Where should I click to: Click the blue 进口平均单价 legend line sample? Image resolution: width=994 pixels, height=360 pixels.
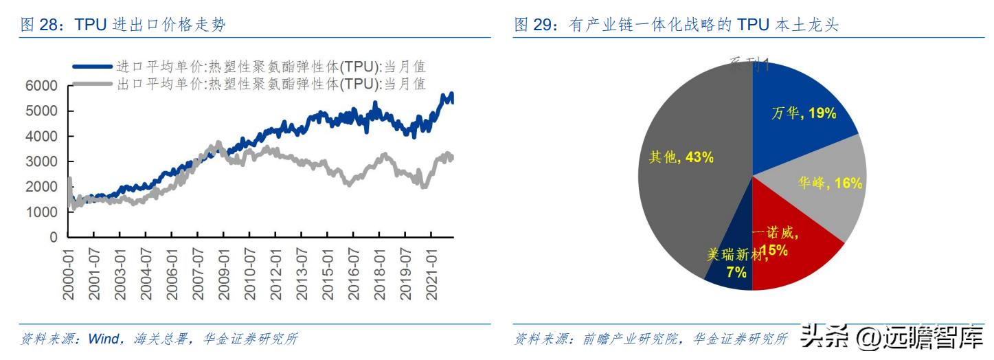(92, 67)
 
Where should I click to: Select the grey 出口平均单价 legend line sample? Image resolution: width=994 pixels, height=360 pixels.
(92, 84)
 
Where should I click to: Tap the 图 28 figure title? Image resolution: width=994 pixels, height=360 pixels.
(124, 25)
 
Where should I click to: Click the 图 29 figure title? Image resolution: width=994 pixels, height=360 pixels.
(677, 25)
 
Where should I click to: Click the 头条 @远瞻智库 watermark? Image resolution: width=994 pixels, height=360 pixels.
(893, 337)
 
